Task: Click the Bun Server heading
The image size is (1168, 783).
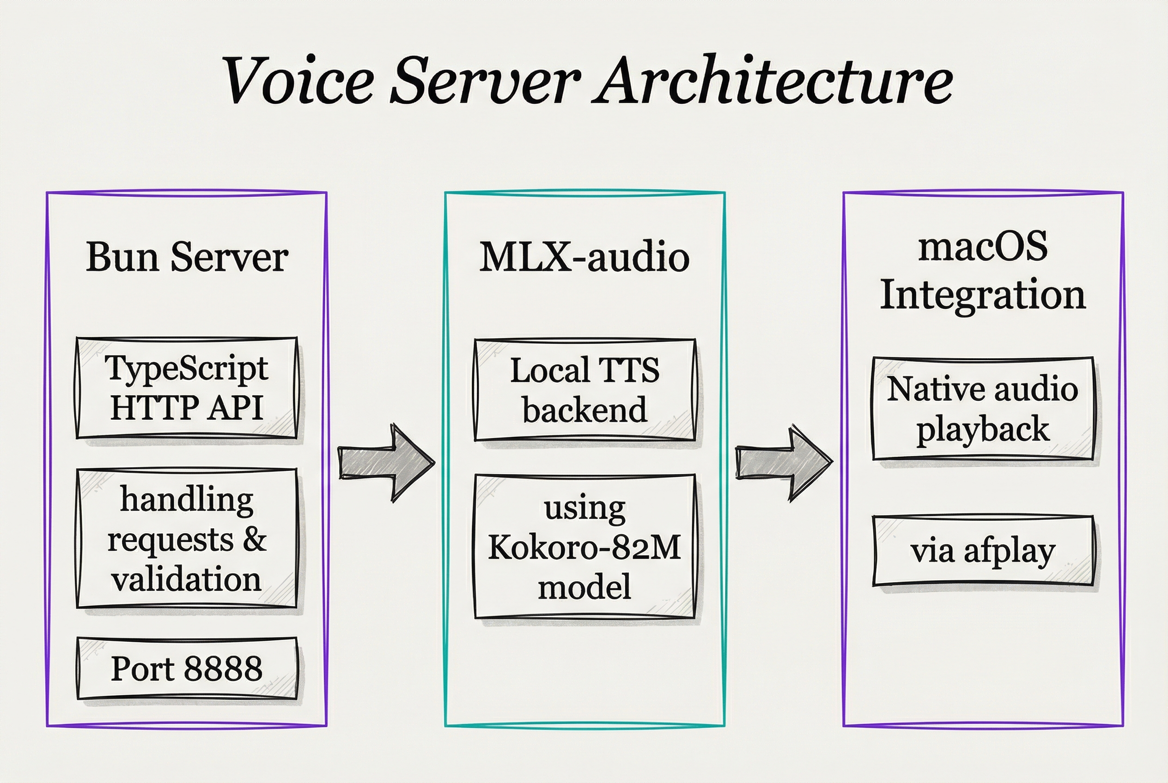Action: pos(187,257)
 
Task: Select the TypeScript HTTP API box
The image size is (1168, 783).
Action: pos(187,388)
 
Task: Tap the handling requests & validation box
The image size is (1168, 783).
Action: pos(187,538)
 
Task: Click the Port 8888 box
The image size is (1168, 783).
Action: pos(187,668)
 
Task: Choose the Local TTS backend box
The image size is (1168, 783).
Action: pos(584,390)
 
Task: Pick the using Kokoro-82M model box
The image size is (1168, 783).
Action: pos(584,546)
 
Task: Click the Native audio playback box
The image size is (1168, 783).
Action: pos(983,409)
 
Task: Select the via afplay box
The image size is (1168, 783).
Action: pos(983,551)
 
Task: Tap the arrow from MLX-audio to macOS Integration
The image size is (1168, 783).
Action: pos(783,463)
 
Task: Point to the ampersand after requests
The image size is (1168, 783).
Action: pos(255,539)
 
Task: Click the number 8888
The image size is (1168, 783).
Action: pos(224,668)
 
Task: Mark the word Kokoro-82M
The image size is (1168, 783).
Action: pos(584,547)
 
